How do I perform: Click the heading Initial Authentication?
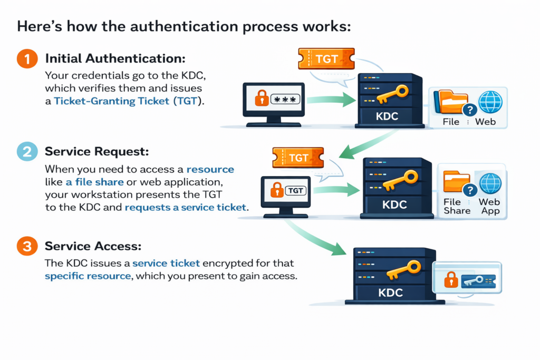(115, 59)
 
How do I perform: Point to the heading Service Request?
(97, 152)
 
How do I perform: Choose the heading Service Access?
(93, 246)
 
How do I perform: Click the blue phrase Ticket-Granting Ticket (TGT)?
(129, 101)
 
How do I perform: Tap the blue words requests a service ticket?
(186, 207)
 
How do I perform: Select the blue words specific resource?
(88, 276)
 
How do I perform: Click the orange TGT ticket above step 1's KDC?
(325, 59)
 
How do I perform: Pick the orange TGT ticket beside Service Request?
(298, 157)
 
